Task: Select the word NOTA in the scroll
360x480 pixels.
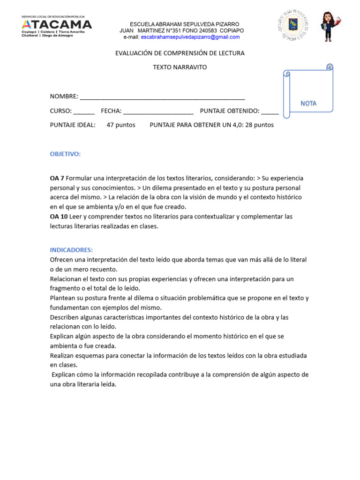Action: pos(308,103)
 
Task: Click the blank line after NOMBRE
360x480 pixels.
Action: pos(162,97)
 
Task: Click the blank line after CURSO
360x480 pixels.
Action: pos(84,112)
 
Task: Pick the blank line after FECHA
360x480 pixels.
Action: pos(158,112)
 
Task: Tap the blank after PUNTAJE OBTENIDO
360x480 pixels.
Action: pos(270,112)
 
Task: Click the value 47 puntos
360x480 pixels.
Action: pos(121,125)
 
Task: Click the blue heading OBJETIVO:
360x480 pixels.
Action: pos(65,154)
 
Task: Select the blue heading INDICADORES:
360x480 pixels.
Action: pos(71,250)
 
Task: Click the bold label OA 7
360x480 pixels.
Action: pos(57,179)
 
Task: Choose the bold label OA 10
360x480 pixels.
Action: pos(59,217)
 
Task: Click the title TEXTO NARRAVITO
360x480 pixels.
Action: pos(180,67)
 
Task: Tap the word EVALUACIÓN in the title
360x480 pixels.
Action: pos(135,53)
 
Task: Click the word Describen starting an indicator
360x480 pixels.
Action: pos(65,317)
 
